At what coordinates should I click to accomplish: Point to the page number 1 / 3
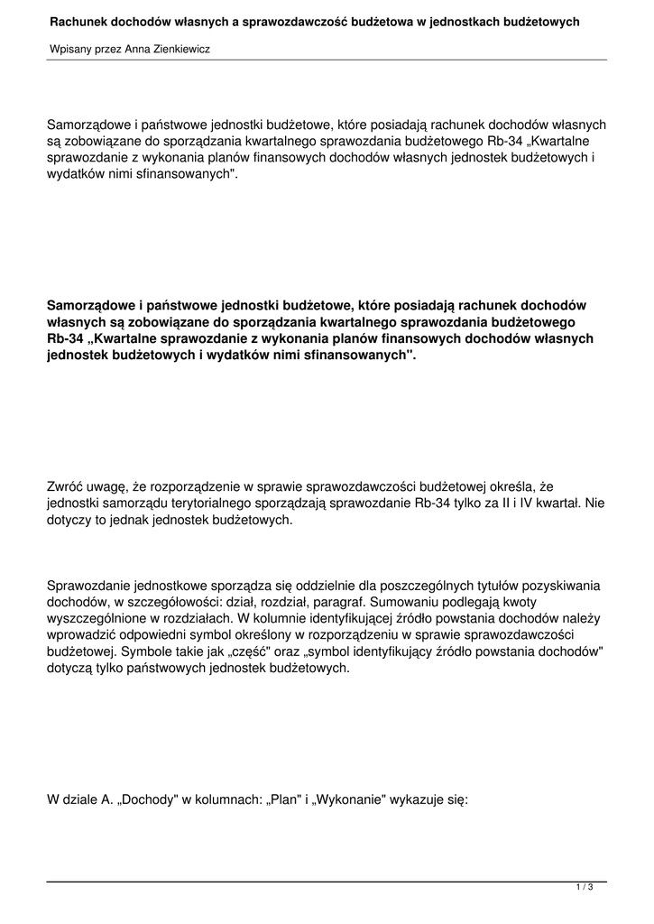pyautogui.click(x=585, y=889)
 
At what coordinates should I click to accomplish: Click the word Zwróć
pyautogui.click(x=68, y=488)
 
